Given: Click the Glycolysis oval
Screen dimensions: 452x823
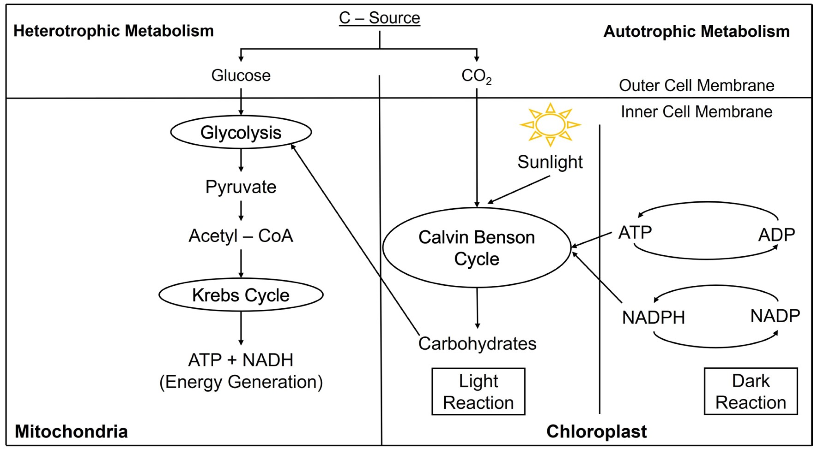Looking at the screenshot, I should (241, 132).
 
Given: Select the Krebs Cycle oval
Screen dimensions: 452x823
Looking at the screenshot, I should (241, 295).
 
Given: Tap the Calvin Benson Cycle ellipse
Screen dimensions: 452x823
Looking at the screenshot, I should (476, 248).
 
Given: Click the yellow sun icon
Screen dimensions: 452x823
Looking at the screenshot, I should (550, 124).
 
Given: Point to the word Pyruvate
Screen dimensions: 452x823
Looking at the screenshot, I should (241, 187).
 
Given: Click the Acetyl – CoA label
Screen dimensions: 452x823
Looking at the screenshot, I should (241, 236).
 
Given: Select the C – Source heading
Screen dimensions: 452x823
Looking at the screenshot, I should (379, 18).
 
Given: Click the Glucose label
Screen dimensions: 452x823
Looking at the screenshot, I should (241, 76).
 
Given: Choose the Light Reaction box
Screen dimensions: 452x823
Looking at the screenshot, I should (478, 391).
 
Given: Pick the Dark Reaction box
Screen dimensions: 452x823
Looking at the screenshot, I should (751, 391).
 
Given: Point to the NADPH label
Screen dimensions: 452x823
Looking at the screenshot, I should (653, 318).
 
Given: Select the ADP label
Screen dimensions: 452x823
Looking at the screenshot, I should (776, 235).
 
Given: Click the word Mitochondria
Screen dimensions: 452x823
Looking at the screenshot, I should (71, 432).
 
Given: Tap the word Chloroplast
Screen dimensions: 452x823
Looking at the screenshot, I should (596, 432).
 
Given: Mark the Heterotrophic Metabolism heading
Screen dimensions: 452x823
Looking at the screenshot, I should (113, 31).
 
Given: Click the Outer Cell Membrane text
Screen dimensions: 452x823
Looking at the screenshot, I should (696, 86).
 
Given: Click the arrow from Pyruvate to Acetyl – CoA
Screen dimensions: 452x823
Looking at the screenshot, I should (241, 210).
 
